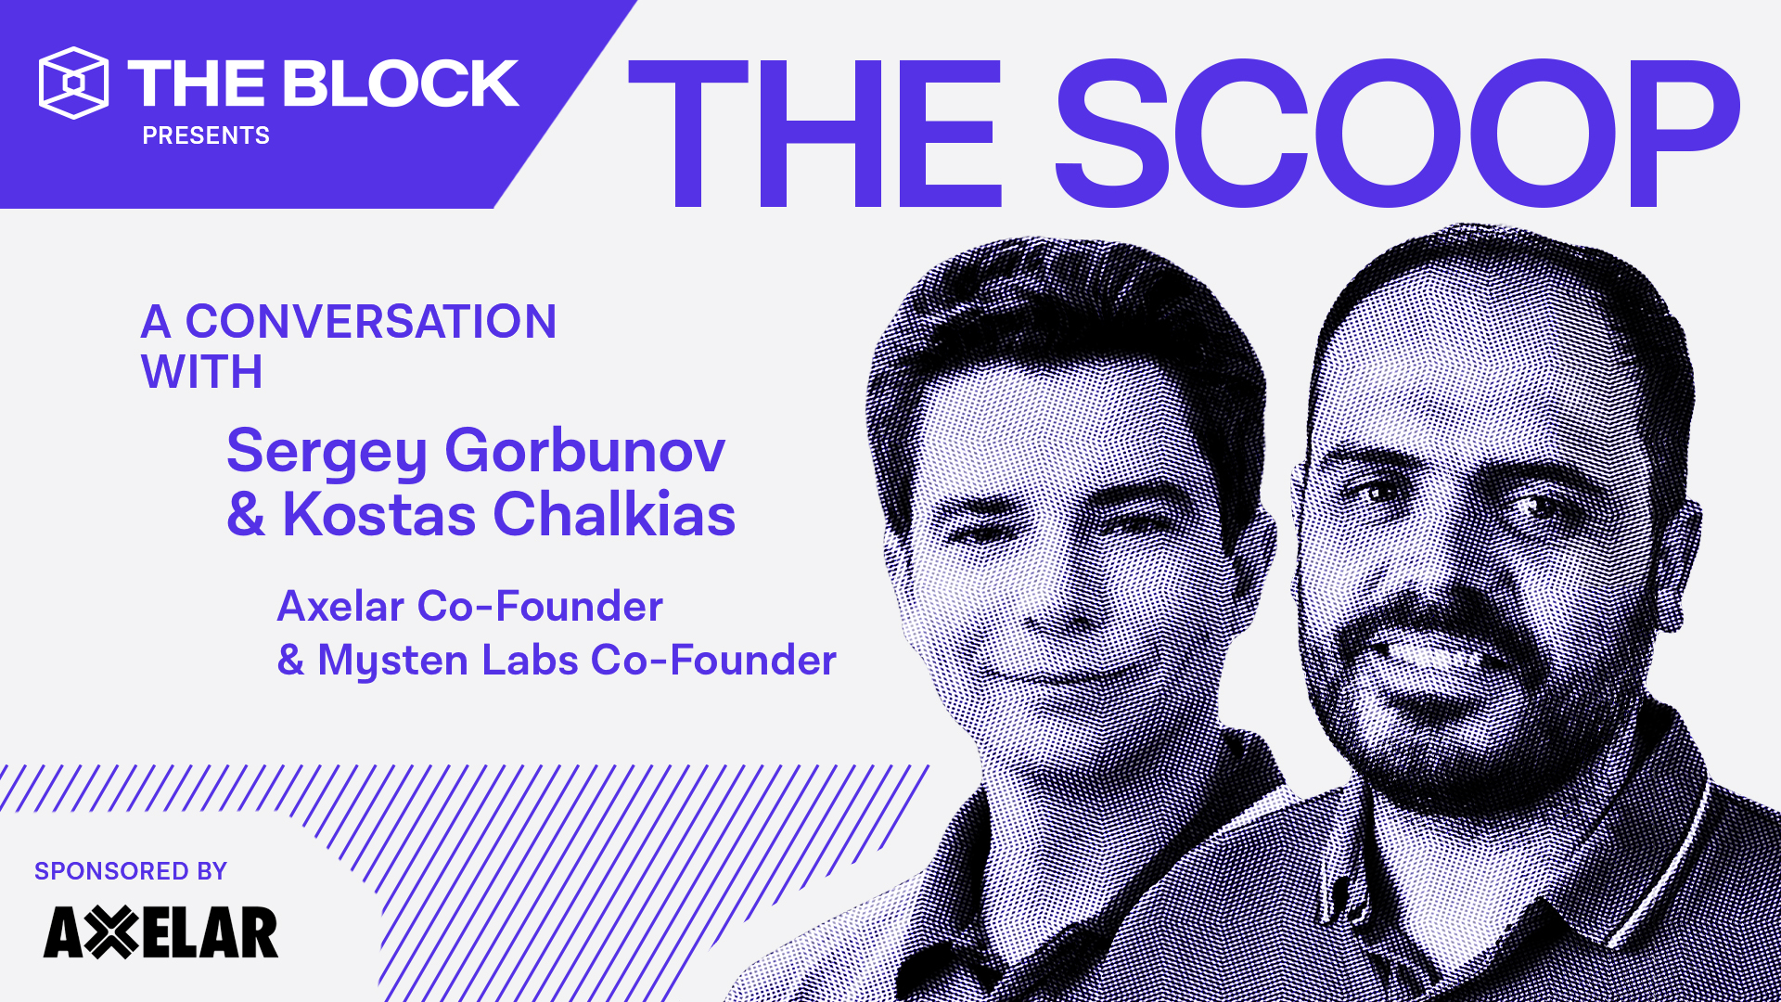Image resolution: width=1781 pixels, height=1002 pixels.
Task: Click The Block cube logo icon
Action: point(73,83)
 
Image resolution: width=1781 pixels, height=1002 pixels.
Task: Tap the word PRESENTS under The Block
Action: point(206,135)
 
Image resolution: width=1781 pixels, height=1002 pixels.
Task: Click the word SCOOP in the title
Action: point(1396,134)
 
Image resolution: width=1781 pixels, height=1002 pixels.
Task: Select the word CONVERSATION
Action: point(371,322)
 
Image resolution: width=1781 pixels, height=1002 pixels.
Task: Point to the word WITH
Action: point(202,372)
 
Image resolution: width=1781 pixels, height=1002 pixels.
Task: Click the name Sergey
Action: point(327,452)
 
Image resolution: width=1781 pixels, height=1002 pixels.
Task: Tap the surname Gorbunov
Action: point(584,452)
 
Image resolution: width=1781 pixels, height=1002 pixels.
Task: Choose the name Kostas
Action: point(378,514)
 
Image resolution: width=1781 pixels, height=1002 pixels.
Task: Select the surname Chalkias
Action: point(614,514)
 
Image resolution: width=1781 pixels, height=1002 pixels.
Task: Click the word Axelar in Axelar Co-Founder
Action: point(340,607)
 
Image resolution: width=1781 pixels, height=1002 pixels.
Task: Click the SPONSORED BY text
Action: point(131,871)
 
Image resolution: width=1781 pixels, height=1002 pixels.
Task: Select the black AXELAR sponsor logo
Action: point(160,932)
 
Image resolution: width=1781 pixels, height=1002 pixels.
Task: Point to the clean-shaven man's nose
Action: point(1048,594)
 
